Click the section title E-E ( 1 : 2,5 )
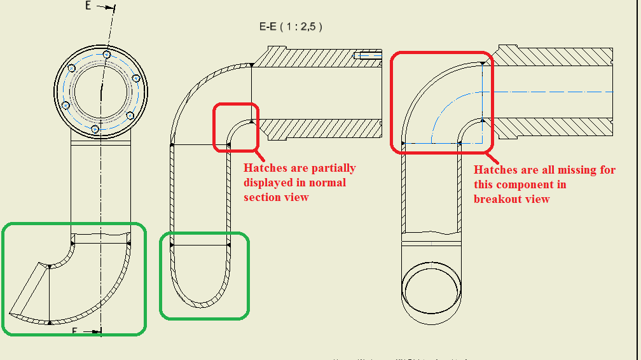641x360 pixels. click(x=291, y=27)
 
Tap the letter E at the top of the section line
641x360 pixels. click(x=88, y=6)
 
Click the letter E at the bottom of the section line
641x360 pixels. click(x=74, y=331)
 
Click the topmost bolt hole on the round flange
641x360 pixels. click(x=107, y=55)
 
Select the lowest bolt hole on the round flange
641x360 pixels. click(x=95, y=129)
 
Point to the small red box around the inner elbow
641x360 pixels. click(x=236, y=127)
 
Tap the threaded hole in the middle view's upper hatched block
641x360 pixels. click(x=368, y=55)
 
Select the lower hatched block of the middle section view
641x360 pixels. click(x=322, y=130)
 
